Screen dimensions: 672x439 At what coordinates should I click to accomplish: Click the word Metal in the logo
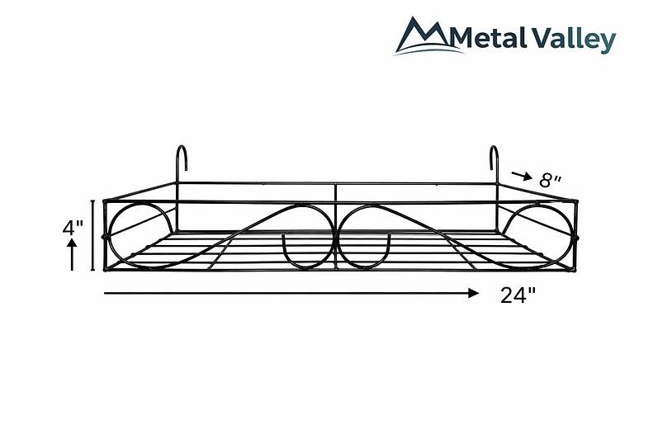coord(490,38)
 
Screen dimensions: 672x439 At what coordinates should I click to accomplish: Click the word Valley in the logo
coord(575,40)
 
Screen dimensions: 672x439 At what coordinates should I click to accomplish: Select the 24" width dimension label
coord(518,295)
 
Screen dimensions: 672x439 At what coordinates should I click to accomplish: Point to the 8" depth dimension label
coord(551,181)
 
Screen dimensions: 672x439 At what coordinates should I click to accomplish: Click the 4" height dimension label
coord(73,228)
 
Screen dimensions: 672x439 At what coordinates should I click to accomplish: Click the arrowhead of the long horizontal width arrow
coord(474,293)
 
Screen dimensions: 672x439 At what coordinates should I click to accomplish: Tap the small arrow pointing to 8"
coord(522,175)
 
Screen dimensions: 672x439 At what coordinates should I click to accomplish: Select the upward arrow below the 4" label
coord(72,254)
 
